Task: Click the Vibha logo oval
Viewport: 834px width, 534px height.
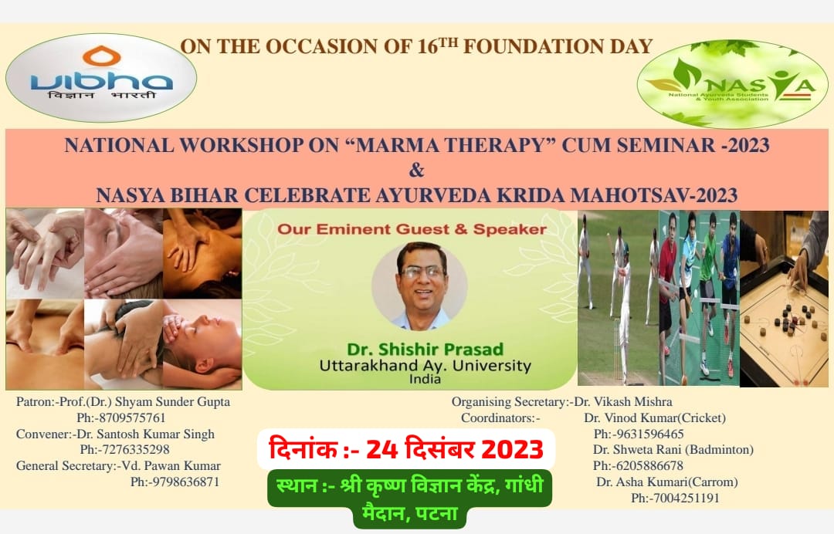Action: click(101, 78)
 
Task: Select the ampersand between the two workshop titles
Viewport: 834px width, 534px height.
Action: click(416, 170)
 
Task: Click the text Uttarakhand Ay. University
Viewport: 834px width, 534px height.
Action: click(425, 366)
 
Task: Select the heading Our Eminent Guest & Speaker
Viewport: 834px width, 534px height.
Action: click(412, 229)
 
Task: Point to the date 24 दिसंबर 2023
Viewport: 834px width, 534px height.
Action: click(456, 448)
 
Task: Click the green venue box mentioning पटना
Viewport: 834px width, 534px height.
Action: click(410, 499)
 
